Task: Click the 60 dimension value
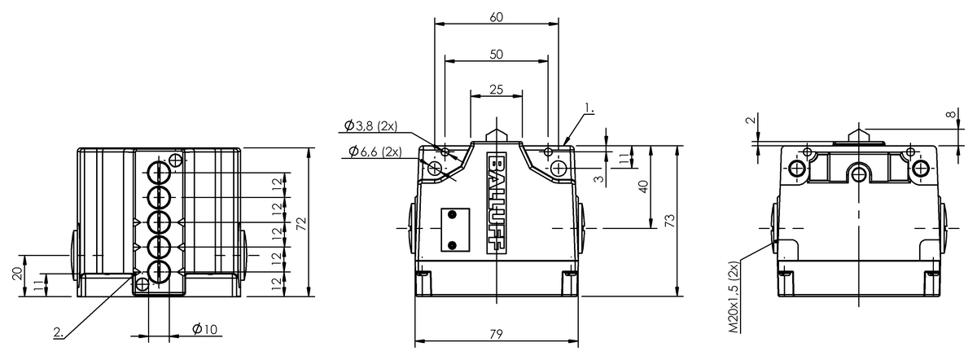(x=497, y=17)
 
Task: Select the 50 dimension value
(x=497, y=55)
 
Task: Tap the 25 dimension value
(x=497, y=90)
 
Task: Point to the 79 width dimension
(x=497, y=334)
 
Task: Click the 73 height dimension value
(x=670, y=221)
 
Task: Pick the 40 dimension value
(x=644, y=187)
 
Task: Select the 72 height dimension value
(x=302, y=223)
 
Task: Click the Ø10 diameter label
(x=204, y=328)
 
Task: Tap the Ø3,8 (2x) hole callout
(x=370, y=126)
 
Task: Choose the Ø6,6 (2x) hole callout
(x=375, y=151)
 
